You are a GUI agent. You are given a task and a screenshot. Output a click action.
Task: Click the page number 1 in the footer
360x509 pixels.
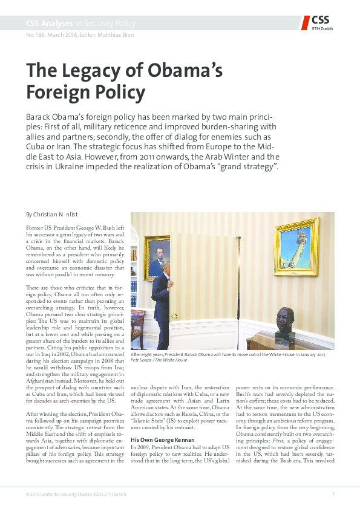pyautogui.click(x=333, y=494)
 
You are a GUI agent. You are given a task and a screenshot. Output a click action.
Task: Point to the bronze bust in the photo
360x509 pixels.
pyautogui.click(x=286, y=325)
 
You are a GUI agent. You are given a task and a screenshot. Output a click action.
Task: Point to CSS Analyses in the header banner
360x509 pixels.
pyautogui.click(x=49, y=24)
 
